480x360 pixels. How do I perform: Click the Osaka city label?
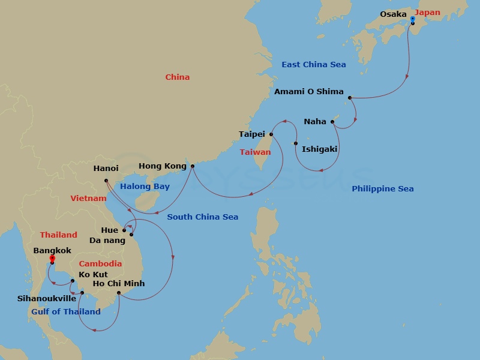coord(393,14)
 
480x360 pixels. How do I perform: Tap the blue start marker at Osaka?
coord(412,19)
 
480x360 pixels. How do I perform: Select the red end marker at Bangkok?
coord(52,259)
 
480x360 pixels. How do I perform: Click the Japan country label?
coord(428,13)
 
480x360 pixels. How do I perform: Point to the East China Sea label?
coord(313,64)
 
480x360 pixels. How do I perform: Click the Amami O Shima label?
coord(308,92)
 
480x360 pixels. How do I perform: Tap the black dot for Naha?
coord(334,125)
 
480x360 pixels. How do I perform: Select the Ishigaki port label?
coord(319,149)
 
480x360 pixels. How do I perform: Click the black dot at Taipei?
coord(271,134)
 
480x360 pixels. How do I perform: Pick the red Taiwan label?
coord(255,152)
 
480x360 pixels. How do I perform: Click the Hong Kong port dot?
coord(192,166)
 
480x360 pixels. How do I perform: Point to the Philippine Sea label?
coord(382,189)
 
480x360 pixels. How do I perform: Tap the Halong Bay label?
coord(145,187)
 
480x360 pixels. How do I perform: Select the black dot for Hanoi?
coord(106,180)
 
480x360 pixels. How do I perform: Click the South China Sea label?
coord(202,217)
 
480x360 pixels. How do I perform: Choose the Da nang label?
coord(107,241)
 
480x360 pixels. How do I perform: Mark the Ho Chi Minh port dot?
coord(119,293)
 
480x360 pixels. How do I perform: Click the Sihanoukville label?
coord(47,298)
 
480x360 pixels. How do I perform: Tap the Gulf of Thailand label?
coord(66,311)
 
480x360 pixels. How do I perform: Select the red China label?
coord(177,77)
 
